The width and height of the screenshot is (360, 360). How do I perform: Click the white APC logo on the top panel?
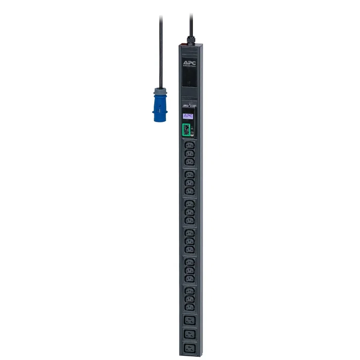[x=189, y=63]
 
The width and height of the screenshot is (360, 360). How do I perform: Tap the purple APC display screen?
[x=188, y=116]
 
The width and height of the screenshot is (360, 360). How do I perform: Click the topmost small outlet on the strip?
[x=189, y=146]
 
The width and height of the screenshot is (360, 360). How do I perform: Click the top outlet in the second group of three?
[x=189, y=175]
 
